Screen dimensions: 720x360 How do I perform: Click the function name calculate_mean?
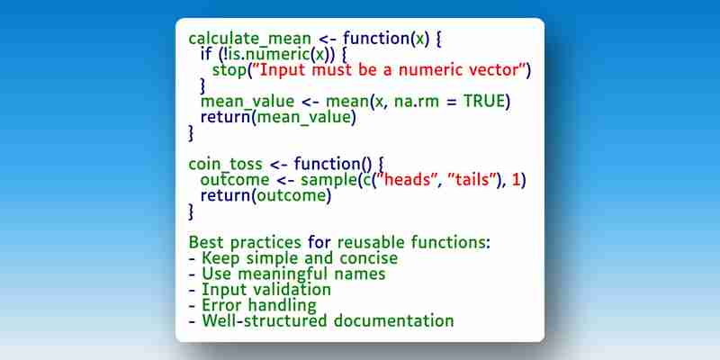(x=250, y=39)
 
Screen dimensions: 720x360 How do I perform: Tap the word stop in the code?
(x=229, y=70)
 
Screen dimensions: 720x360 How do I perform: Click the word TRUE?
(x=484, y=101)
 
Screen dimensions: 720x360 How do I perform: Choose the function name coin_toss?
(x=226, y=164)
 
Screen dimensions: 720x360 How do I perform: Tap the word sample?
(x=328, y=180)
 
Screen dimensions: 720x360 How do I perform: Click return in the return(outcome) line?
(x=226, y=195)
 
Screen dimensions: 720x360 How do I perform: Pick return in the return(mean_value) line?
(x=226, y=117)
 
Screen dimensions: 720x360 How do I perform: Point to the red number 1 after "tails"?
(x=516, y=180)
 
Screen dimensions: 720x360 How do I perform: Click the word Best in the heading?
(x=206, y=242)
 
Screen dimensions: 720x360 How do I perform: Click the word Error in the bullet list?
(x=220, y=305)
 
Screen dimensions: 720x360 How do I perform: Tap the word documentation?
(x=393, y=320)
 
